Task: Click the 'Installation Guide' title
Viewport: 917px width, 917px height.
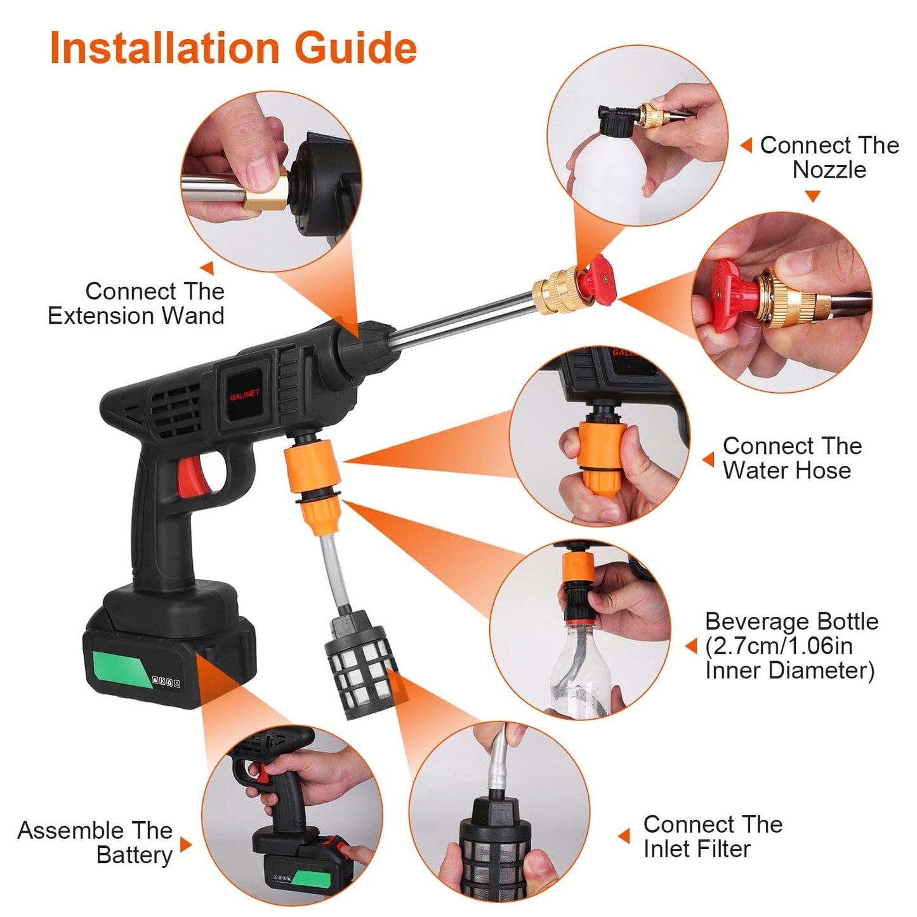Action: click(x=233, y=48)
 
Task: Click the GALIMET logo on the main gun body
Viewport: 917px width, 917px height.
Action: click(x=244, y=395)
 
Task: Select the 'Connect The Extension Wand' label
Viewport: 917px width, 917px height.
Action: click(x=136, y=303)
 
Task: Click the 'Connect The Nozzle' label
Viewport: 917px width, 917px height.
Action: click(x=829, y=157)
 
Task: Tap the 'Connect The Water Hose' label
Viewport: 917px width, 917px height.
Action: click(x=791, y=458)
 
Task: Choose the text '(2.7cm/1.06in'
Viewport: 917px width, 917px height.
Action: click(x=779, y=646)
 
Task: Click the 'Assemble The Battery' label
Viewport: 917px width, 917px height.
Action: click(x=95, y=842)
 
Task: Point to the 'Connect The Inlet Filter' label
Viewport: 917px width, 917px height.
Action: click(x=712, y=836)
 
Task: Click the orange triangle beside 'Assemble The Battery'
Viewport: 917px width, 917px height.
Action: click(x=185, y=844)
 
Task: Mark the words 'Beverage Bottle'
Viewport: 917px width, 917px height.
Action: click(x=791, y=621)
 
